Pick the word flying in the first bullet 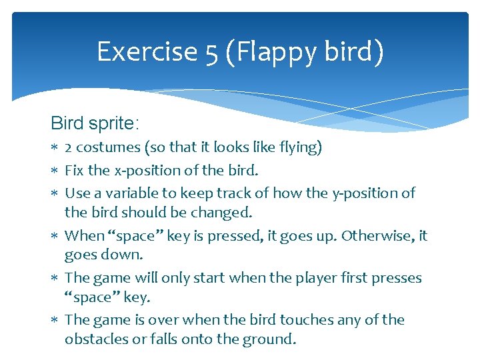[299, 148]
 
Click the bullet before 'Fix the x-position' [55, 171]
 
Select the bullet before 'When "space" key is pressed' [55, 236]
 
